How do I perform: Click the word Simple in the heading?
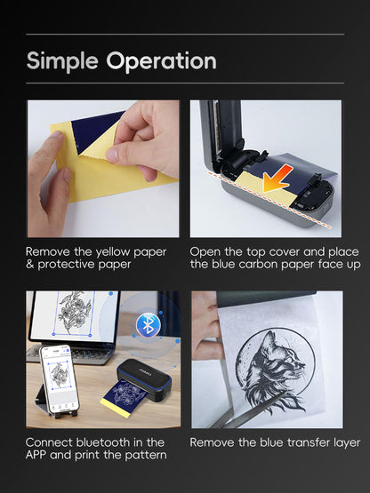[x=62, y=61]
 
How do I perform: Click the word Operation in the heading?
[x=162, y=60]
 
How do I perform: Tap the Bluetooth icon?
[x=149, y=325]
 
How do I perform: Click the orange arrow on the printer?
[x=276, y=179]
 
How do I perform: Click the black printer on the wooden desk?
[x=144, y=379]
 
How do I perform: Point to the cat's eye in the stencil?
[x=283, y=356]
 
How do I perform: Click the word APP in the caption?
[x=36, y=455]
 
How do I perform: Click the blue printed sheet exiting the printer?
[x=125, y=398]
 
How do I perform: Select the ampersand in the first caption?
[x=30, y=264]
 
